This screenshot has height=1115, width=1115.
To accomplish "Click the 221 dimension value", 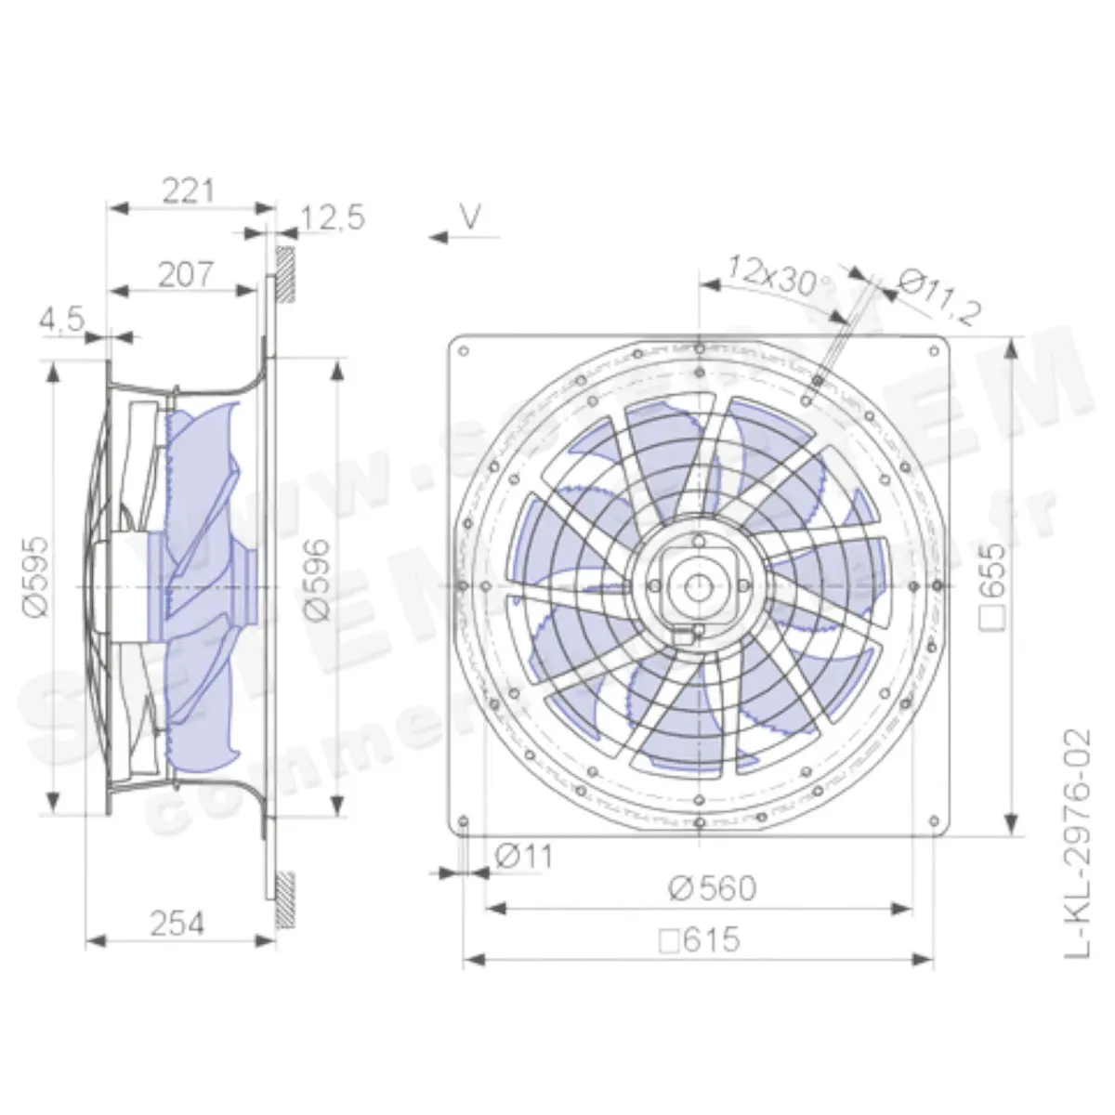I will click(188, 190).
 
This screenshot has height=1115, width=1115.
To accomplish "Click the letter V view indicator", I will click(472, 217).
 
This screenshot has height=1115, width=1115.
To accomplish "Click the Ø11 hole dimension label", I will click(523, 855).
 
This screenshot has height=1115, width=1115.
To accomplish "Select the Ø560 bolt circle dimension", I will click(712, 889).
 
